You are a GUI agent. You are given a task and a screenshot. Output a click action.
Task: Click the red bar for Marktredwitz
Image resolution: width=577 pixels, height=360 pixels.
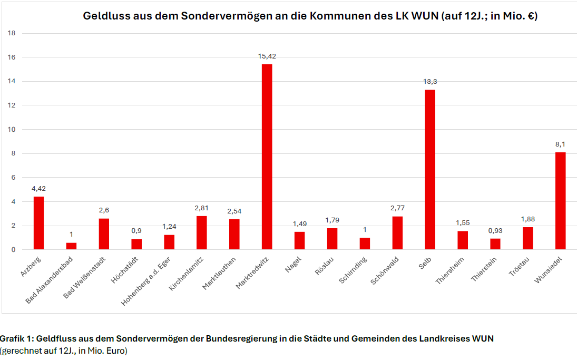point(267,157)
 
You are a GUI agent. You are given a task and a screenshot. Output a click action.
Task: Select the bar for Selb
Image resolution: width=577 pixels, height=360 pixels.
point(430,169)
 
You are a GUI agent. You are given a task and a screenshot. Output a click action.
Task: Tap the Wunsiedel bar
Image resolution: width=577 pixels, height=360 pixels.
point(560,201)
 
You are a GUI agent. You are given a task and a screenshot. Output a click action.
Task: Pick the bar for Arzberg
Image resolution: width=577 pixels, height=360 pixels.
point(39,223)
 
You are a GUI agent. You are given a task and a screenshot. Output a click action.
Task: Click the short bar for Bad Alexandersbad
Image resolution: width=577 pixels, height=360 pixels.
point(72,246)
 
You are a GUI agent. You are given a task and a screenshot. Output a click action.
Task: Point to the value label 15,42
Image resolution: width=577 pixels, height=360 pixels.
point(267,56)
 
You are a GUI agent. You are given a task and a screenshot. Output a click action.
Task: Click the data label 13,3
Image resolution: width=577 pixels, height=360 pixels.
point(430,81)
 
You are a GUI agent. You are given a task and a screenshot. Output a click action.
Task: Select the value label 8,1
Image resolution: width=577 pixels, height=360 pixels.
point(560,144)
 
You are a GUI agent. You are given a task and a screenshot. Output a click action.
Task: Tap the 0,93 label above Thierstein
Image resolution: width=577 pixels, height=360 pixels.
point(495,230)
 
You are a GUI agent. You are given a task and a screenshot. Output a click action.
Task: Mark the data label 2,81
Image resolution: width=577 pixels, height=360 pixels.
point(202,208)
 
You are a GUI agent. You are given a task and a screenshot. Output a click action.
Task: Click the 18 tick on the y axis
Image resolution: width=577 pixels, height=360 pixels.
point(12,33)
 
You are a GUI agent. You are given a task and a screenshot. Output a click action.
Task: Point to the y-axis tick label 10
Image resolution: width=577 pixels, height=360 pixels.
point(12,130)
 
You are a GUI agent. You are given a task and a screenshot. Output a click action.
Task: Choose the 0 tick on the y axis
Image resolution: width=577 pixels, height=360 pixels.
point(13,250)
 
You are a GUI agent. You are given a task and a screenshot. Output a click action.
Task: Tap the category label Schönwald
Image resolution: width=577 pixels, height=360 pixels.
point(385,270)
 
